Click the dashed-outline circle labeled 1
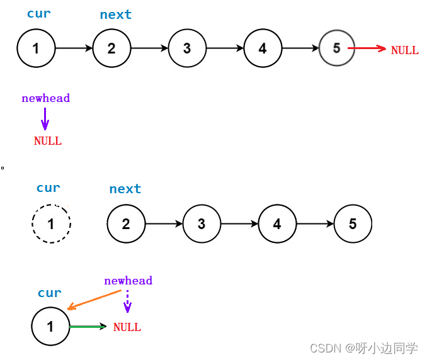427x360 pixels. [51, 223]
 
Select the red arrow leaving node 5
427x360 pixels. [367, 48]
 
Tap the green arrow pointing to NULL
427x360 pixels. [88, 326]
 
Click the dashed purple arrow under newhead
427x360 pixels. [127, 301]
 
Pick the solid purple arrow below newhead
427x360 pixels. [45, 118]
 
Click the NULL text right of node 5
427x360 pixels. [404, 50]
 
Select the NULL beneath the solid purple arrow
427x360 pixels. [48, 141]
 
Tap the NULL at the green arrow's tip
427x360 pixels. [127, 327]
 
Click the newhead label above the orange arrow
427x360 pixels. [128, 281]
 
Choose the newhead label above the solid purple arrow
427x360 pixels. [45, 98]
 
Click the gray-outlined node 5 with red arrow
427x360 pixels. [337, 48]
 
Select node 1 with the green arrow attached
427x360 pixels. [50, 327]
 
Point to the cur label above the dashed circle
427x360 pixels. [48, 188]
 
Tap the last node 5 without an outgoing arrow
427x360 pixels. [353, 223]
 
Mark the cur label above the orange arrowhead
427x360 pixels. [50, 293]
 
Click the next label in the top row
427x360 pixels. [116, 14]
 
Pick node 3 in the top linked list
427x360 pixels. [187, 48]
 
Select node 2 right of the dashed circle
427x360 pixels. [126, 223]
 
